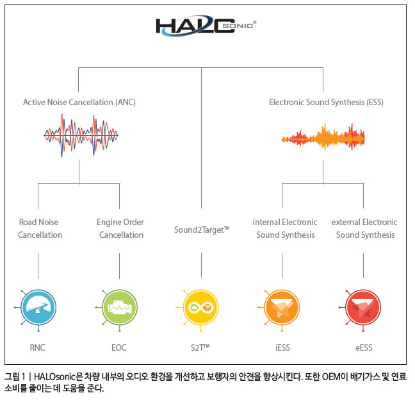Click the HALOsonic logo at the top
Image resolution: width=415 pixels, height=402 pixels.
[206, 26]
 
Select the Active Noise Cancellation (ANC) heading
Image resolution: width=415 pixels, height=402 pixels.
[79, 103]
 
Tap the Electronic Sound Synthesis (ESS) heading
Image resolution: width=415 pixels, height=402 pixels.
[326, 103]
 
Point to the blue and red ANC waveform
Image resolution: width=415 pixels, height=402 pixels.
[81, 135]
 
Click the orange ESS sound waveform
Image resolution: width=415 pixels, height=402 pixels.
[323, 137]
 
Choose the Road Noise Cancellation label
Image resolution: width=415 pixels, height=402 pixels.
[40, 228]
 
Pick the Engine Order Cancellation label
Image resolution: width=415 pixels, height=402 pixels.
[120, 228]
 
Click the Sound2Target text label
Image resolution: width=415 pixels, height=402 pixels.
[202, 230]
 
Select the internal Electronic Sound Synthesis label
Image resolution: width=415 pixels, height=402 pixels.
[285, 228]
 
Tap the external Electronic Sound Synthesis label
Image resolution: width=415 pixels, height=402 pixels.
[364, 228]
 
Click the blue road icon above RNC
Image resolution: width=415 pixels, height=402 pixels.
[38, 308]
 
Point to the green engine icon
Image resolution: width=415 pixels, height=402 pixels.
[119, 308]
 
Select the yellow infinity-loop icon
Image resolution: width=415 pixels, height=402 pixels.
[200, 308]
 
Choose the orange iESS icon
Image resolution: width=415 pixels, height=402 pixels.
[282, 308]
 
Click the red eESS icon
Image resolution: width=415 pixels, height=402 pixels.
[363, 308]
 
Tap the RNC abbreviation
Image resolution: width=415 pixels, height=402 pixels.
[37, 348]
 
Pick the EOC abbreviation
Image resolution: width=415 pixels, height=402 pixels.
[119, 348]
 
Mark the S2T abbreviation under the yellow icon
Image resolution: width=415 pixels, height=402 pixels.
[200, 348]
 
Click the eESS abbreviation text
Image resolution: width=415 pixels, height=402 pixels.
[364, 348]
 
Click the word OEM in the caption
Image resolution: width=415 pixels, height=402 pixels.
[334, 376]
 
